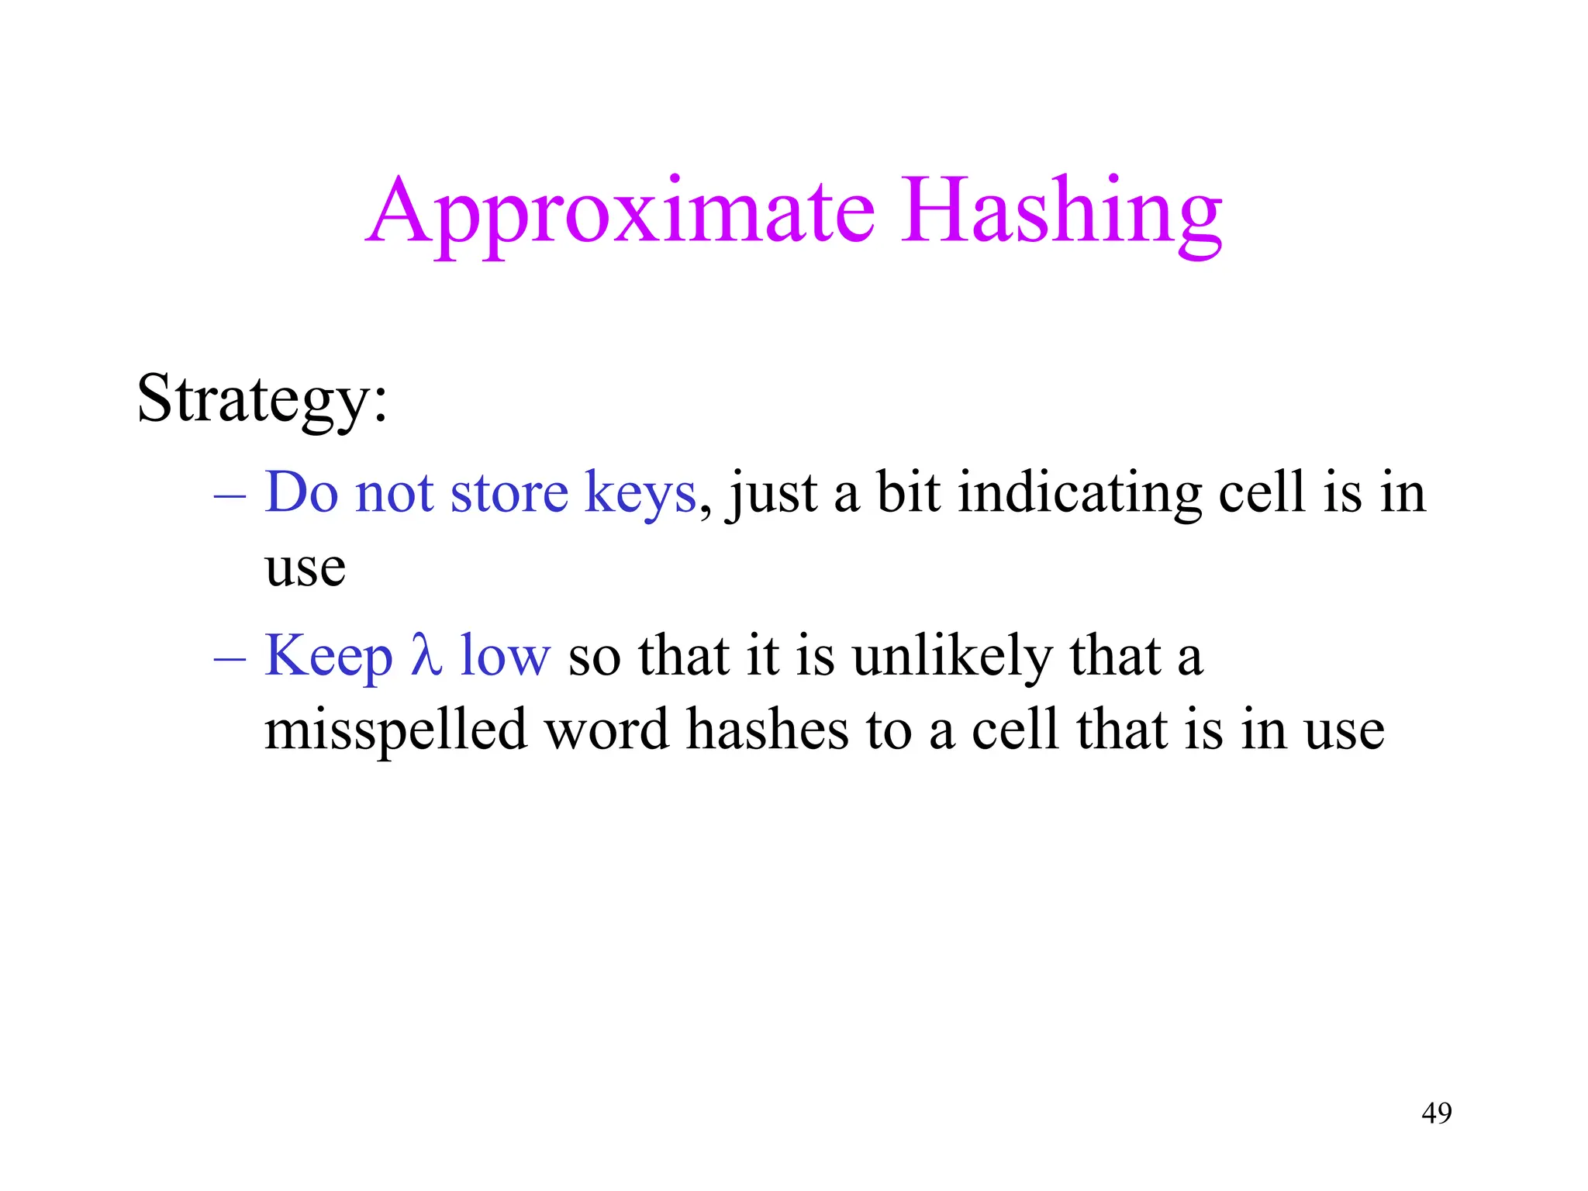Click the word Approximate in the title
point(620,211)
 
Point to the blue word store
point(509,493)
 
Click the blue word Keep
point(329,656)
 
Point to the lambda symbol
point(426,654)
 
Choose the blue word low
point(505,656)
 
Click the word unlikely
point(952,656)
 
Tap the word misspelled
point(395,730)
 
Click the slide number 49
point(1436,1113)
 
